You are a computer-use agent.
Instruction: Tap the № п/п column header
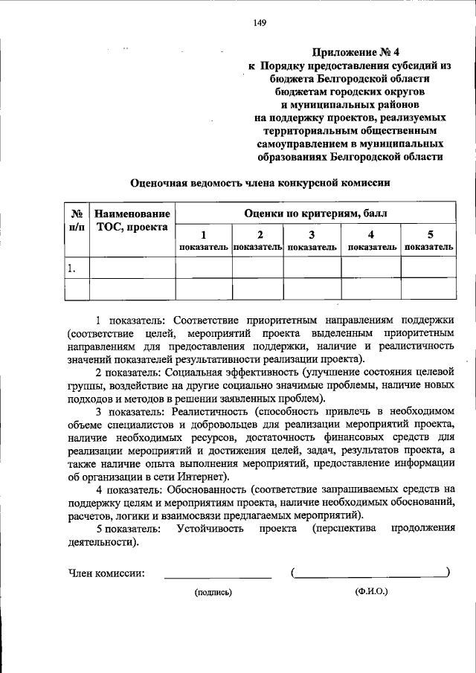(76, 220)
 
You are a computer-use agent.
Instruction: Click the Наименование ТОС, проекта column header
(132, 220)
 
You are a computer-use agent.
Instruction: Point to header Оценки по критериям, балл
(314, 213)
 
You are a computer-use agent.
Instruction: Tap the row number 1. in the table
(71, 268)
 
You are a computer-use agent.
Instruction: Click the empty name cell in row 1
(132, 268)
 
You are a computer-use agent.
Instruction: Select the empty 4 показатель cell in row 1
(371, 268)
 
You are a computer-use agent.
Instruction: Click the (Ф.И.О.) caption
(371, 592)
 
